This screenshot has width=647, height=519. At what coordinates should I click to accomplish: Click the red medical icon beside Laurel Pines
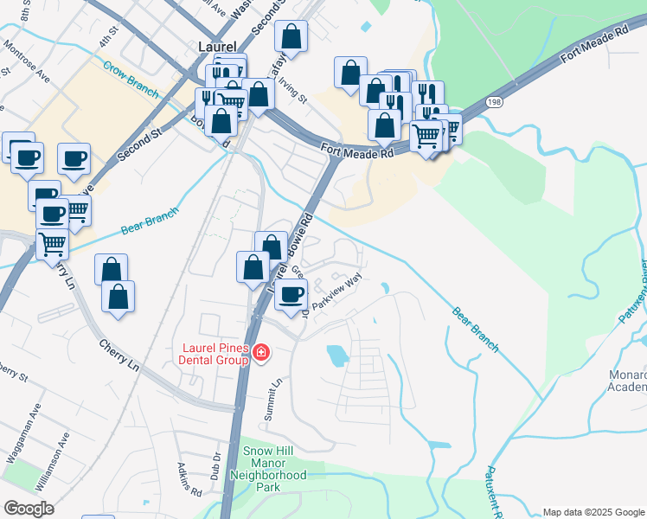[260, 354]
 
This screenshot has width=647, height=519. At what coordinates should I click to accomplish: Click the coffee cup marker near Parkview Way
[291, 294]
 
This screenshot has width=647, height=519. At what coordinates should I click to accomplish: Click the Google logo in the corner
[29, 509]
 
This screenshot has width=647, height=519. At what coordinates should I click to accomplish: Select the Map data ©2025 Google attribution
[593, 512]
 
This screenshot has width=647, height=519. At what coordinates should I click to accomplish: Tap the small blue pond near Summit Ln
[336, 354]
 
